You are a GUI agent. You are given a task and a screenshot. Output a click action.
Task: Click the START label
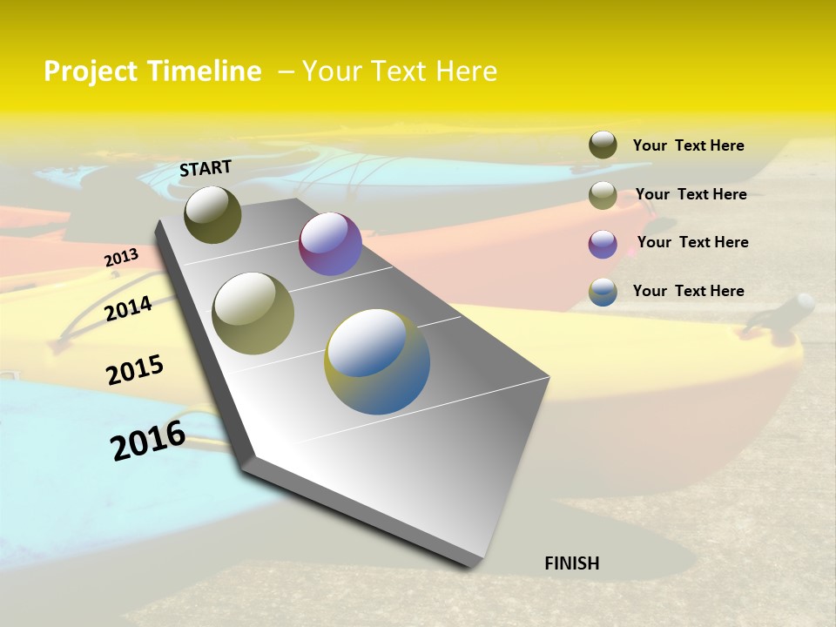point(206,168)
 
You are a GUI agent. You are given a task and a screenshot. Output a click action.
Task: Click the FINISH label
point(571,563)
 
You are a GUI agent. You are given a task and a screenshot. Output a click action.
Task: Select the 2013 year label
point(121,258)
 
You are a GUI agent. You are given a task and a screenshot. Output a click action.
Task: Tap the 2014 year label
point(128,308)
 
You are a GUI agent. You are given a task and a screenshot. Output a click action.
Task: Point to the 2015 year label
point(135,370)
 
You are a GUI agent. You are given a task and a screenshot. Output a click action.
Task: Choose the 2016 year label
point(148,441)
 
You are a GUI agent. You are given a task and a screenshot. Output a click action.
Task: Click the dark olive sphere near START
point(212,214)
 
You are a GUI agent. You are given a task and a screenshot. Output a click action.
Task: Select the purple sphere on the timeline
point(330,244)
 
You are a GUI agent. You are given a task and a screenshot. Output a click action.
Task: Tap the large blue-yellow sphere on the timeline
point(377,361)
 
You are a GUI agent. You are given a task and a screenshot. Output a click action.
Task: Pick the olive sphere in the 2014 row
point(253,313)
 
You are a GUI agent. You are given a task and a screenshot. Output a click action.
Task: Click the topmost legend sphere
point(603,145)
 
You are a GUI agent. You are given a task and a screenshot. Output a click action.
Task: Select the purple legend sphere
point(603,244)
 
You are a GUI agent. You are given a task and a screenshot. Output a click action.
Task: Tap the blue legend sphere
point(603,292)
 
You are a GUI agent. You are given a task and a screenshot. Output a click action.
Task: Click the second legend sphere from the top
point(603,195)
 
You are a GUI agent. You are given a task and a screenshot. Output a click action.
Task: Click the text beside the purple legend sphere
point(692,242)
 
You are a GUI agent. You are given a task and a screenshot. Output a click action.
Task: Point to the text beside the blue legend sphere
point(688,291)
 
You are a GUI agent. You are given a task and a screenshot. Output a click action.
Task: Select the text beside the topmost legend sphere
point(688,145)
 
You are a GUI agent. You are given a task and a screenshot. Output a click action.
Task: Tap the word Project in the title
point(91,71)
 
